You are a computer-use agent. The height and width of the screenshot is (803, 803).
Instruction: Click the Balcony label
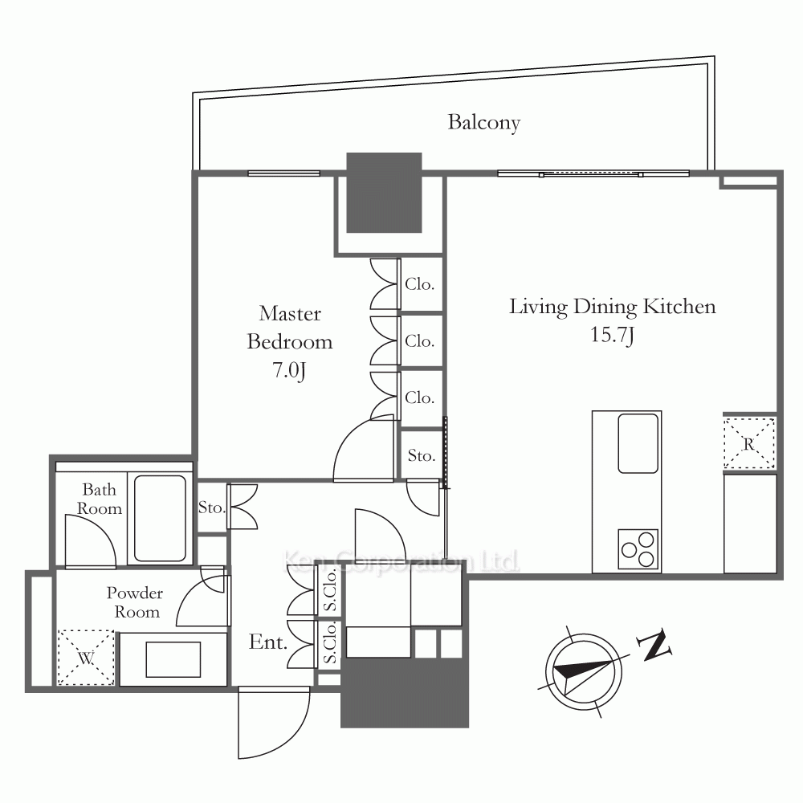[x=484, y=122]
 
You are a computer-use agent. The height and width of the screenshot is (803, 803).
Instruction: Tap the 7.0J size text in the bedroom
[x=289, y=369]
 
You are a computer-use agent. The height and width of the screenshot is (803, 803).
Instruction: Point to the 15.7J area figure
[x=613, y=335]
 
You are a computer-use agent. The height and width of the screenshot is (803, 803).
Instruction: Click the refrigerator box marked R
[x=749, y=443]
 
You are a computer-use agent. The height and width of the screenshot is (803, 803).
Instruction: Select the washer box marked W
[x=86, y=658]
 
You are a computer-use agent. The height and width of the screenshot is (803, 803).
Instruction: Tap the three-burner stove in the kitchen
[x=638, y=549]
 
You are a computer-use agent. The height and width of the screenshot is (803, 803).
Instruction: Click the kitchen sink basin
[x=638, y=443]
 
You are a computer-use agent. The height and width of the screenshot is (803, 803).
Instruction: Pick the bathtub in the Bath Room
[x=160, y=518]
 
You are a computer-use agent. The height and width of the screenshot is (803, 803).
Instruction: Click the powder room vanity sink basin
[x=173, y=659]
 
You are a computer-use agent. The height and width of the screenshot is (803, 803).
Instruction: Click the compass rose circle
[x=583, y=671]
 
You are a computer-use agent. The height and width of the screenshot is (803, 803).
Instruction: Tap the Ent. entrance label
[x=268, y=642]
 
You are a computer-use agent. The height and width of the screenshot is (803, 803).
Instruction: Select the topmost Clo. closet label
[x=419, y=284]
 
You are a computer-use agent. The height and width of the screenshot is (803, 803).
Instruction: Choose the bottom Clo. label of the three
[x=419, y=397]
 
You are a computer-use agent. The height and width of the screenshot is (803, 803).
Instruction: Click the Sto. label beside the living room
[x=422, y=455]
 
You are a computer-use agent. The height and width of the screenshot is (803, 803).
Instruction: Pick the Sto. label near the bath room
[x=212, y=507]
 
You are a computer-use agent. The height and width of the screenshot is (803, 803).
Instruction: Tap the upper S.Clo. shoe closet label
[x=331, y=590]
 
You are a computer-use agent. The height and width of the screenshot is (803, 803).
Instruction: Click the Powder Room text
[x=135, y=602]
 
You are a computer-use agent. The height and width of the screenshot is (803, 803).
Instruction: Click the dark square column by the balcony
[x=384, y=193]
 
